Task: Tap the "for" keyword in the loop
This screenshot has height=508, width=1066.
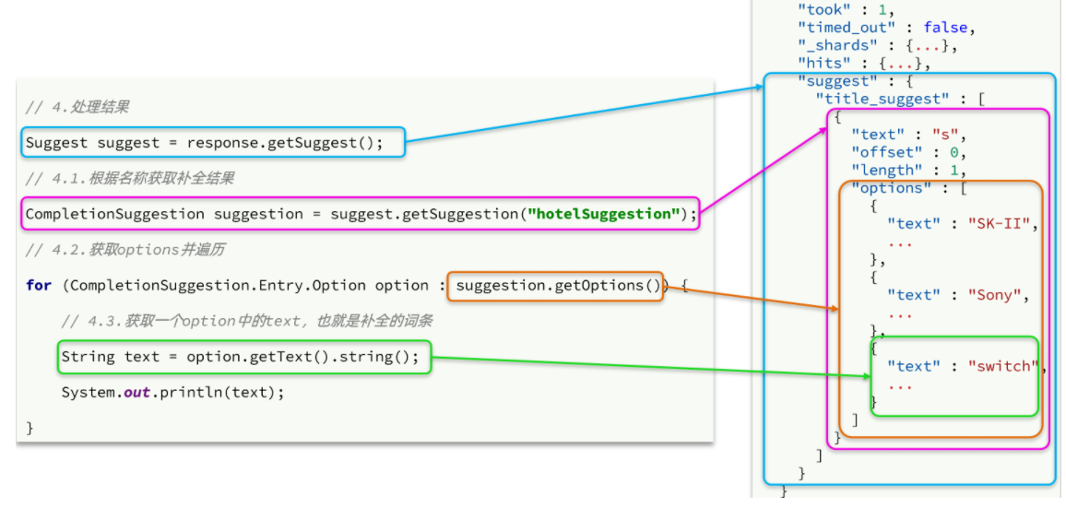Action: click(x=39, y=286)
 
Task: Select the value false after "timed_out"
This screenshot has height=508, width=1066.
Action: click(x=946, y=29)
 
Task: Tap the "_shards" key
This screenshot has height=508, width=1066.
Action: click(x=829, y=46)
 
